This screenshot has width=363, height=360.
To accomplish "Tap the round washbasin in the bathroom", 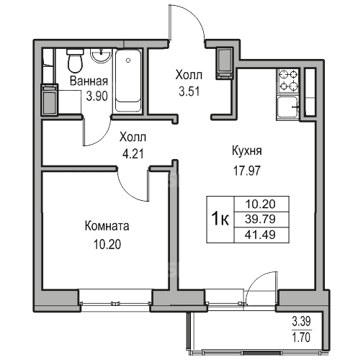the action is pyautogui.click(x=101, y=56).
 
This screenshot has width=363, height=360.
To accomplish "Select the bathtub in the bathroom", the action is pyautogui.click(x=128, y=81).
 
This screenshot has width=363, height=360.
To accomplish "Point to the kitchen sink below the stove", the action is pyautogui.click(x=288, y=107).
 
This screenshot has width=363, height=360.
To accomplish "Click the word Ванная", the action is pyautogui.click(x=89, y=81).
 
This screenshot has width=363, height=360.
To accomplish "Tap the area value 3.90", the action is pyautogui.click(x=97, y=96).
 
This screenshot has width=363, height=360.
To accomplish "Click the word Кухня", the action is pyautogui.click(x=247, y=151).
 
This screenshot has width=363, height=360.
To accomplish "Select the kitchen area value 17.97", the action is pyautogui.click(x=247, y=171).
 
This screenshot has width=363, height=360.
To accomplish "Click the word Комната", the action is pyautogui.click(x=107, y=226).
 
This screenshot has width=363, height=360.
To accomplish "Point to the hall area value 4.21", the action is pyautogui.click(x=133, y=154).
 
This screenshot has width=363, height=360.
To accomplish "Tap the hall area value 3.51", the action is pyautogui.click(x=189, y=91).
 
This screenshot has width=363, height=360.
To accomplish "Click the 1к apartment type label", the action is pyautogui.click(x=220, y=219).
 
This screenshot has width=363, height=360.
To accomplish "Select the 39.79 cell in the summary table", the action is pyautogui.click(x=261, y=219).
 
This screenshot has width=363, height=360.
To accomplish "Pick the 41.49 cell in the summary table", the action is pyautogui.click(x=261, y=235).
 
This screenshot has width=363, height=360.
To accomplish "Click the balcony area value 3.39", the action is pyautogui.click(x=301, y=322).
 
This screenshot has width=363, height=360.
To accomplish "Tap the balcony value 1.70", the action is pyautogui.click(x=301, y=337).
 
